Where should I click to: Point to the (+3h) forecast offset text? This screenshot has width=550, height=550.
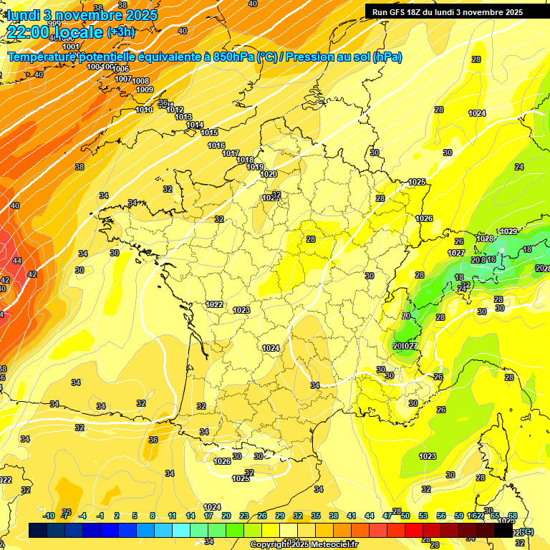[x=120, y=32]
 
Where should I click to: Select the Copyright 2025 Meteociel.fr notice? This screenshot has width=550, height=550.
[x=304, y=544]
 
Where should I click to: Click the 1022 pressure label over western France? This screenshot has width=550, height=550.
[x=215, y=304]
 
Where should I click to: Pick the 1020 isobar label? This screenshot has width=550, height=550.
[x=269, y=174]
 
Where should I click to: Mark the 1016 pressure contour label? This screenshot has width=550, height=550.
[x=216, y=146]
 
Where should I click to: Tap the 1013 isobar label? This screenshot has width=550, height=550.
[x=183, y=117]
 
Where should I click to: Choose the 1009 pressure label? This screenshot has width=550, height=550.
[x=145, y=90]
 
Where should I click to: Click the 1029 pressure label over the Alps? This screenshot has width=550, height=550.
[x=508, y=231]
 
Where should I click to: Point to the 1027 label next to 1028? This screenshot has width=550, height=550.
[x=456, y=253]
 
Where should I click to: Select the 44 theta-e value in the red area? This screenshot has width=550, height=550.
[x=16, y=261]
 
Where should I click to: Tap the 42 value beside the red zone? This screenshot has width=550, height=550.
[x=32, y=274]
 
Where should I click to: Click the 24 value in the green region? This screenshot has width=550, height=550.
[x=519, y=167]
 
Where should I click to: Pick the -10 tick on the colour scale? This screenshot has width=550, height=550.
[x=49, y=516]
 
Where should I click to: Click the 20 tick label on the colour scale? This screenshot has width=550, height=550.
[x=226, y=516]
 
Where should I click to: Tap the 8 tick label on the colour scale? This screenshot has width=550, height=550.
[x=153, y=516]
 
